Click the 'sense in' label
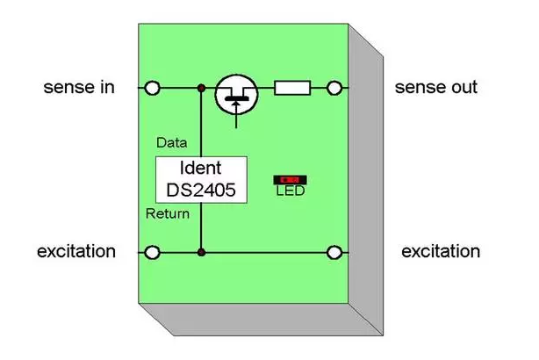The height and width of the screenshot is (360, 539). pyautogui.click(x=78, y=88)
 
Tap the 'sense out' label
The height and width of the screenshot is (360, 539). pyautogui.click(x=435, y=88)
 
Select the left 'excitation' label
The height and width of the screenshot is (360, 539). pyautogui.click(x=76, y=252)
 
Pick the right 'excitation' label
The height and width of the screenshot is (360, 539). pyautogui.click(x=441, y=252)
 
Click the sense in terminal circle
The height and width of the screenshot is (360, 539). pyautogui.click(x=154, y=88)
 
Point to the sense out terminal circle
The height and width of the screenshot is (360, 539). pyautogui.click(x=334, y=88)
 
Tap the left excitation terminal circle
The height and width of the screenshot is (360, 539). pyautogui.click(x=154, y=253)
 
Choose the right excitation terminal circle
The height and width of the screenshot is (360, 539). pyautogui.click(x=334, y=253)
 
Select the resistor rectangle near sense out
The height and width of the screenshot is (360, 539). pyautogui.click(x=291, y=88)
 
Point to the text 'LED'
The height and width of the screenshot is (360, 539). pyautogui.click(x=289, y=191)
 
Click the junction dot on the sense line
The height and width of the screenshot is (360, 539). pyautogui.click(x=201, y=88)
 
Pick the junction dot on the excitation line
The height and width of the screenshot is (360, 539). pyautogui.click(x=201, y=253)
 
